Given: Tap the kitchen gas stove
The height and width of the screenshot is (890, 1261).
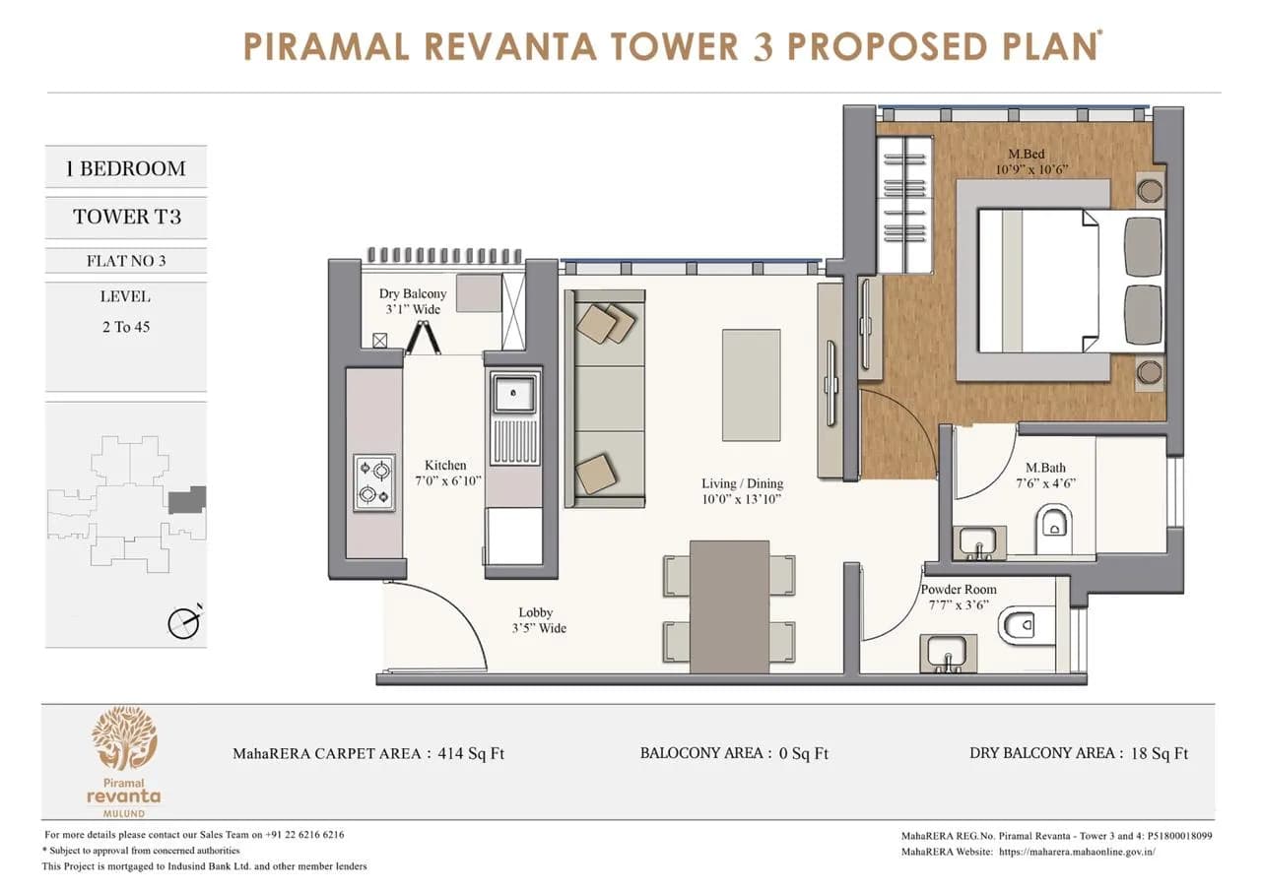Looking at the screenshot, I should coord(374,482).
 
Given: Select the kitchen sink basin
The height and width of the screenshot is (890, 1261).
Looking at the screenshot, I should coord(515,395).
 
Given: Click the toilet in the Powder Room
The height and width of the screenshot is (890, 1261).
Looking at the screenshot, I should coord(1018,623).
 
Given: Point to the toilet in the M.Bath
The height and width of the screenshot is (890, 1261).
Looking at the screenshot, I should coord(1055,523).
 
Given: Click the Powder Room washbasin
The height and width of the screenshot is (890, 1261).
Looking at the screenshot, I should coord(949,652).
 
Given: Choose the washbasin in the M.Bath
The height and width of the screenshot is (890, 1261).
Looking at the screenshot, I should coord(979,540).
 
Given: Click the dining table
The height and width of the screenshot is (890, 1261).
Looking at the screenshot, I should coord(729,605).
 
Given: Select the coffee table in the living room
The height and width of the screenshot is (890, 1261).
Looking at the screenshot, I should coord(752,385).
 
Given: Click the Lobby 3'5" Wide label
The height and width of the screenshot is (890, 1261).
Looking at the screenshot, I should coord(538,620).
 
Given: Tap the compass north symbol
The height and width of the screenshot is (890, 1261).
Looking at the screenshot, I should coord(184,621).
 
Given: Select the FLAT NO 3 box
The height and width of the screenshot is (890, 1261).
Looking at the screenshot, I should coord(125,261).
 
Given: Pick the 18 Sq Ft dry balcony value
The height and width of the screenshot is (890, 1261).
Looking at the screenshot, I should coord(1158,753).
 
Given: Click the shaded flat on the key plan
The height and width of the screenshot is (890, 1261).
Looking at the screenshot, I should coord(186,500).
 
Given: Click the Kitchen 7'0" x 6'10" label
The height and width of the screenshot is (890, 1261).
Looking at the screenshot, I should coord(445,473).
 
